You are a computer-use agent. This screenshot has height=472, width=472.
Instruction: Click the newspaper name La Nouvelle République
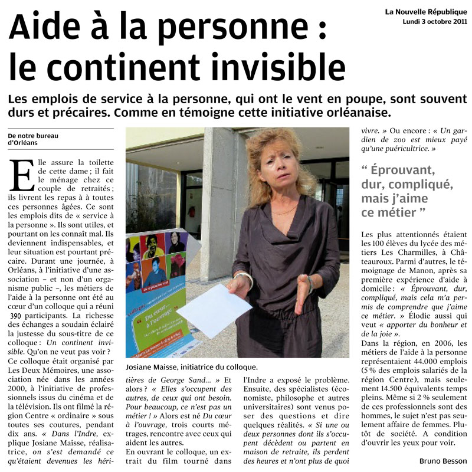(x=426, y=11)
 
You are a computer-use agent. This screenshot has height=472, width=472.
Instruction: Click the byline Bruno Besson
(x=442, y=461)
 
